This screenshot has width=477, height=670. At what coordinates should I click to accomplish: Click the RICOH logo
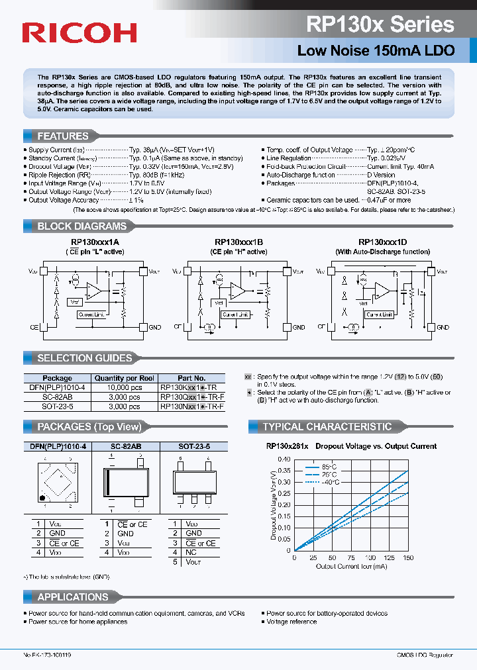click(79, 32)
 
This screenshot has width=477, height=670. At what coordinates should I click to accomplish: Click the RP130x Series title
click(380, 24)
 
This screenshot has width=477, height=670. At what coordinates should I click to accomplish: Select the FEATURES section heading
click(63, 136)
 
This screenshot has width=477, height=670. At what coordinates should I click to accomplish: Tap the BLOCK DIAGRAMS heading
click(81, 226)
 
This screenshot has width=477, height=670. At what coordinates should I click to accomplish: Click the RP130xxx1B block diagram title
click(238, 242)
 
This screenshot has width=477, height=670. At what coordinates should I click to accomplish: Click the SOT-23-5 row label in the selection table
click(57, 406)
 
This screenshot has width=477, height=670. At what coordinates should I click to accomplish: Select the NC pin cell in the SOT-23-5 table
click(191, 552)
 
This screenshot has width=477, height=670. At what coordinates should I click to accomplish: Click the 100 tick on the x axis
click(370, 557)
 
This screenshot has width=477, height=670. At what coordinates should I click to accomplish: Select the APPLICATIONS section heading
click(72, 597)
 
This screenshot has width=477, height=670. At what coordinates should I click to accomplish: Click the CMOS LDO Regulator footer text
click(425, 655)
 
